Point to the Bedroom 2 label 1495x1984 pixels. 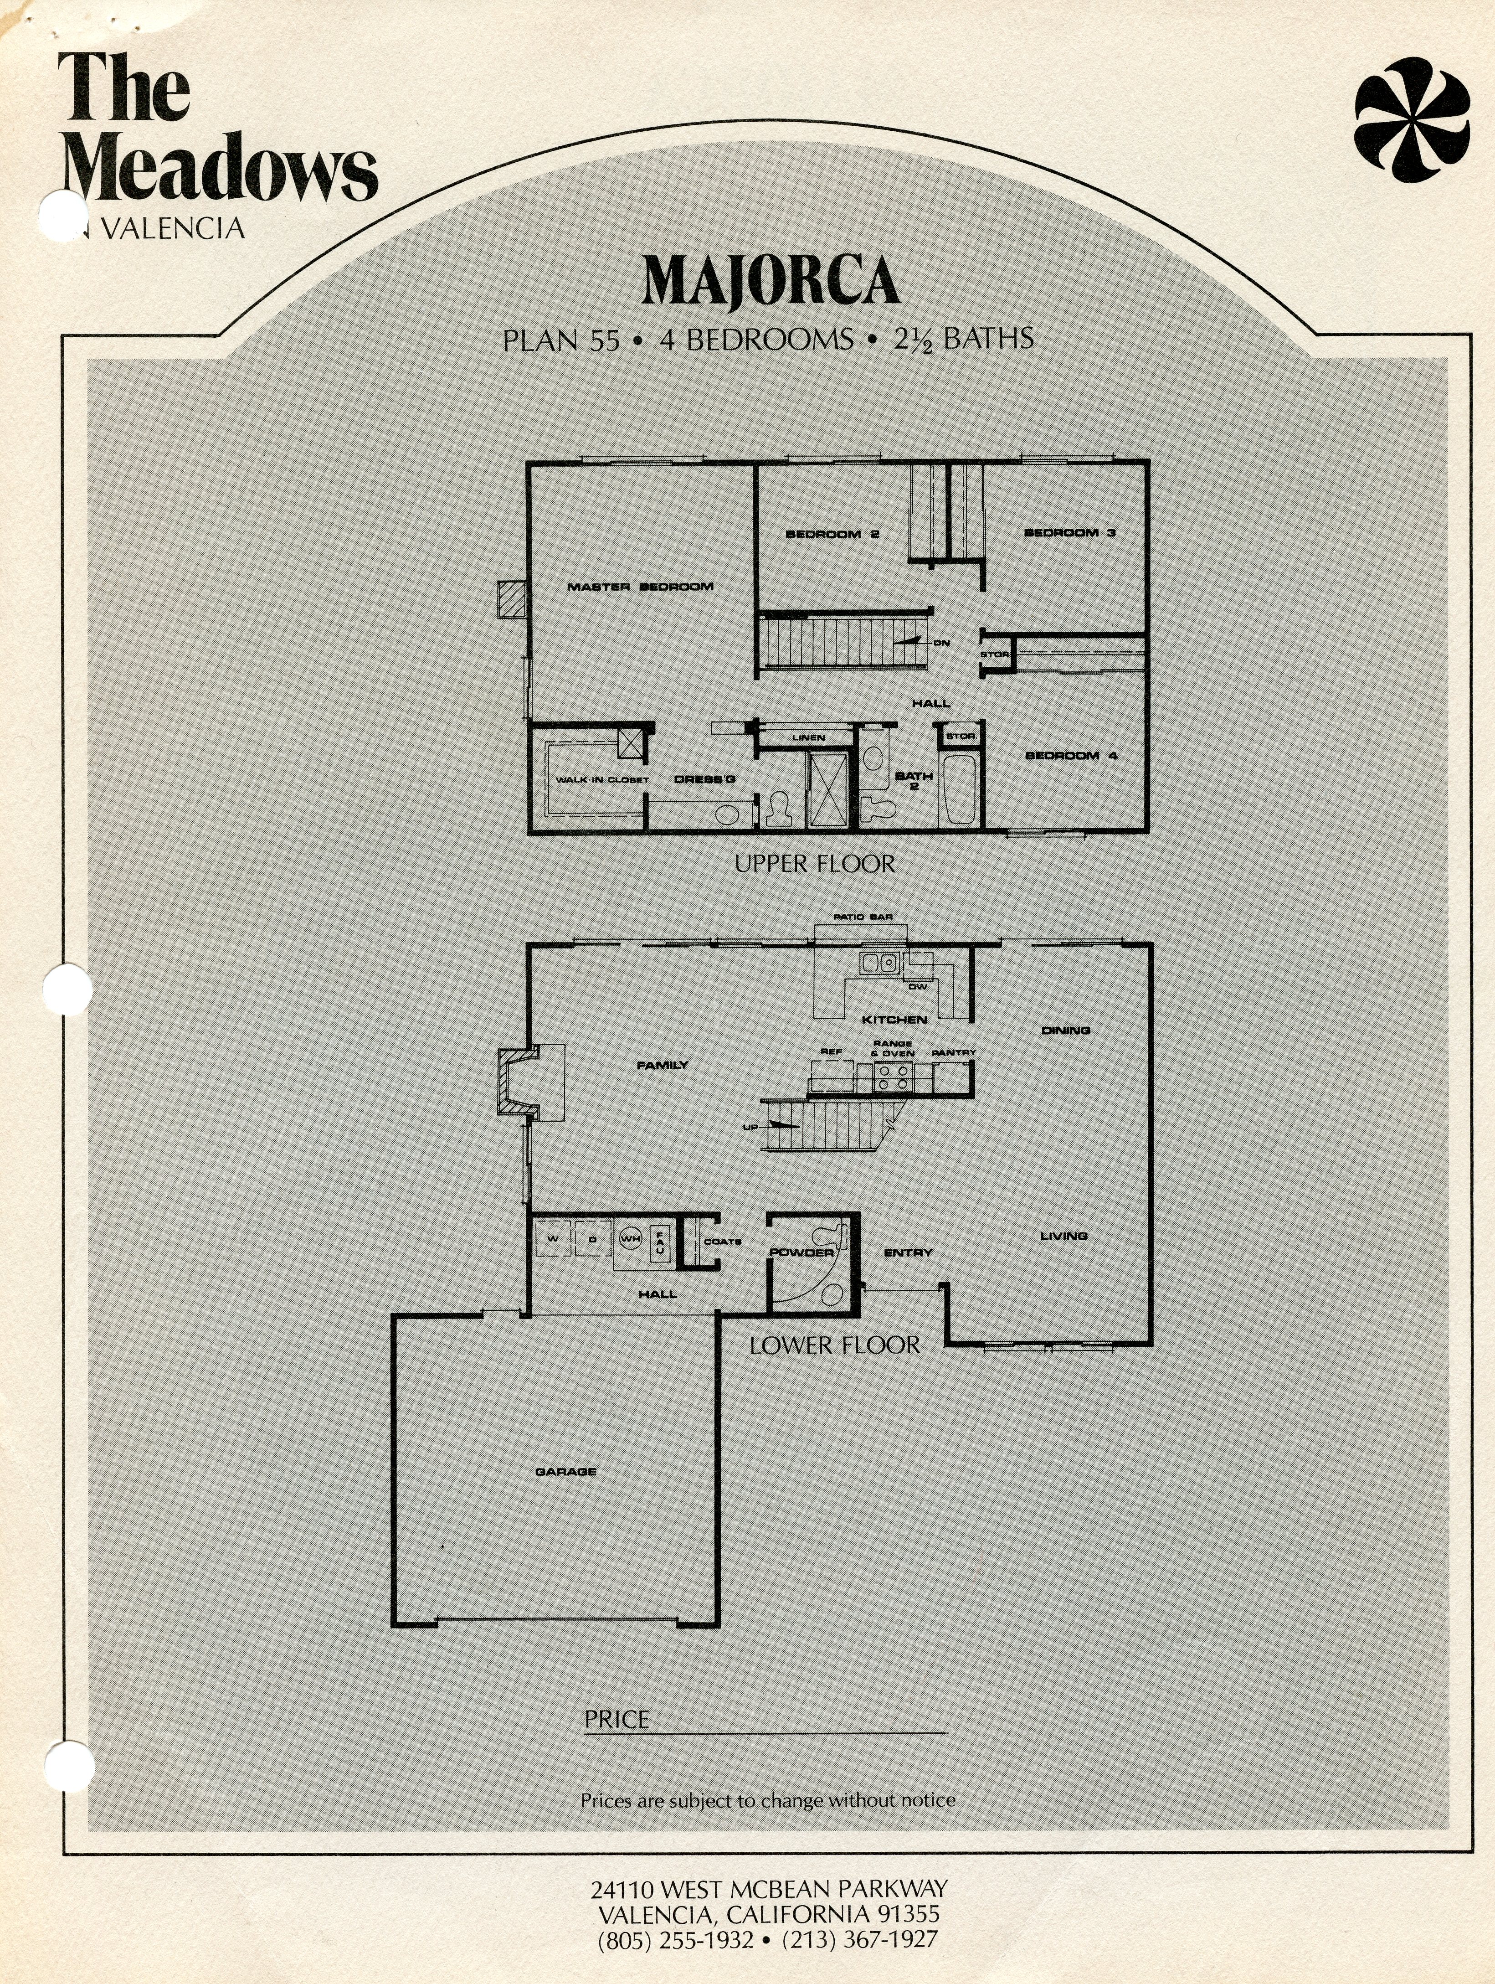[x=832, y=535]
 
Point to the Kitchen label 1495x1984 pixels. [x=894, y=1019]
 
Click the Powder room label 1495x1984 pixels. [x=802, y=1252]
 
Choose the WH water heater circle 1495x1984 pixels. [x=631, y=1239]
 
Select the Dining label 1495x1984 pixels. [x=1065, y=1031]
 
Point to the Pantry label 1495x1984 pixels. [x=953, y=1052]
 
